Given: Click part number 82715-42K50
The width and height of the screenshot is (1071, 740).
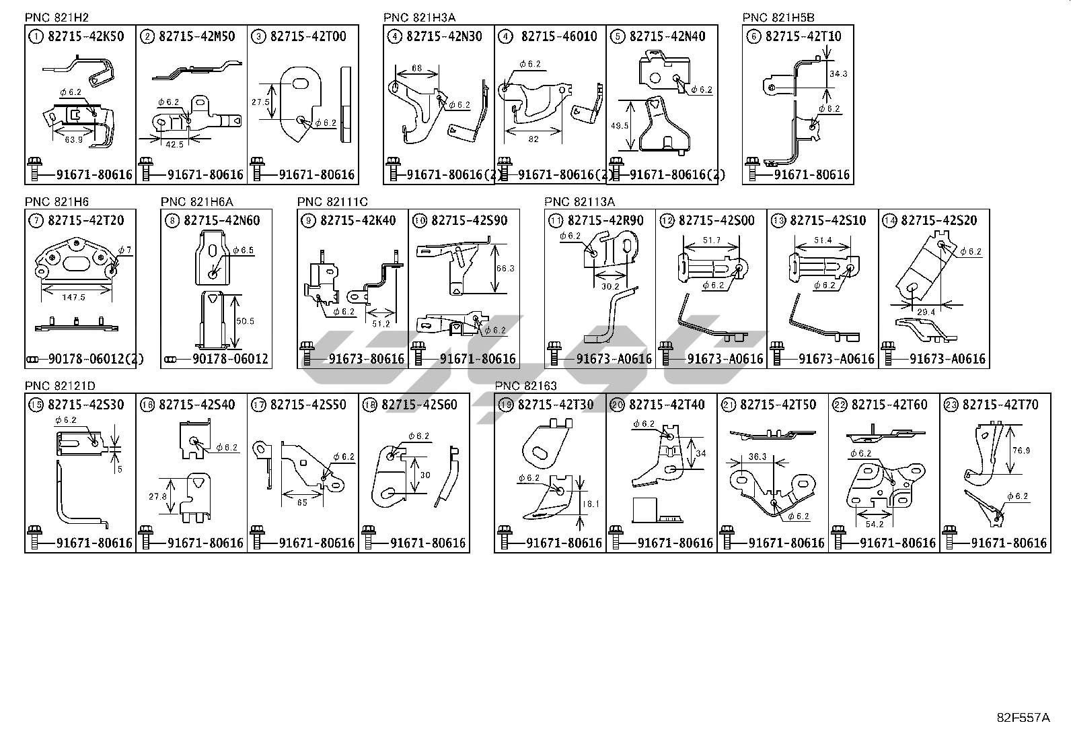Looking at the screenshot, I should (x=85, y=36).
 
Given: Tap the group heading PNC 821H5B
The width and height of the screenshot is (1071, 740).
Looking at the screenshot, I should (x=778, y=18).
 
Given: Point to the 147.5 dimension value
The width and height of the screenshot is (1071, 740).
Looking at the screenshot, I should (x=76, y=296).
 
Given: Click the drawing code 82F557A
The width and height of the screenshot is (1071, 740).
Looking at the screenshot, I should (x=1023, y=718).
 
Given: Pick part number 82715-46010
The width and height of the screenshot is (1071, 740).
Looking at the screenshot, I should (x=558, y=36).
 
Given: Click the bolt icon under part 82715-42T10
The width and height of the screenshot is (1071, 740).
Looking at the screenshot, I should (x=752, y=163).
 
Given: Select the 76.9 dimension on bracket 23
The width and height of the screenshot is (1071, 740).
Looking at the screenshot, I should (x=1021, y=450).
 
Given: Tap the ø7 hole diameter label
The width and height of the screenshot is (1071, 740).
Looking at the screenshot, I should (x=125, y=250).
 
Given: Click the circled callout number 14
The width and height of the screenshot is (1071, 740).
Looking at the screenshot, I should (x=889, y=220).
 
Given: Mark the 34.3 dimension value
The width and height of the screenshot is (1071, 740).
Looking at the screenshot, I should (x=838, y=74).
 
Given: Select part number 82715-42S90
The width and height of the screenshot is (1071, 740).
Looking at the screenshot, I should (x=469, y=220).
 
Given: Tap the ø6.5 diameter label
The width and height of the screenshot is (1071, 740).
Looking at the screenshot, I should (x=243, y=250).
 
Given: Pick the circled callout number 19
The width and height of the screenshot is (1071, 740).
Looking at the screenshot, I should (x=506, y=405).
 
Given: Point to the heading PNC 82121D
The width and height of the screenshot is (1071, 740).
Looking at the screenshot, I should (x=60, y=386).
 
